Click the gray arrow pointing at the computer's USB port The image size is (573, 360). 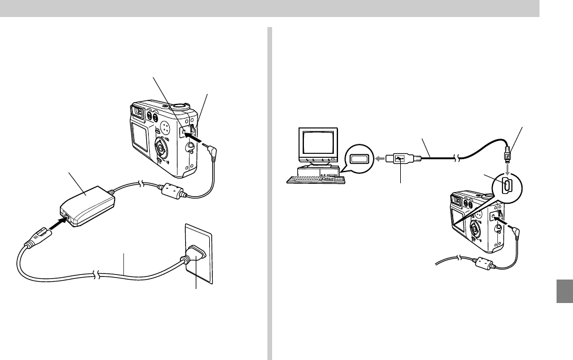[x=381, y=158]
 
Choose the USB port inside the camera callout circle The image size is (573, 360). [x=509, y=184]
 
